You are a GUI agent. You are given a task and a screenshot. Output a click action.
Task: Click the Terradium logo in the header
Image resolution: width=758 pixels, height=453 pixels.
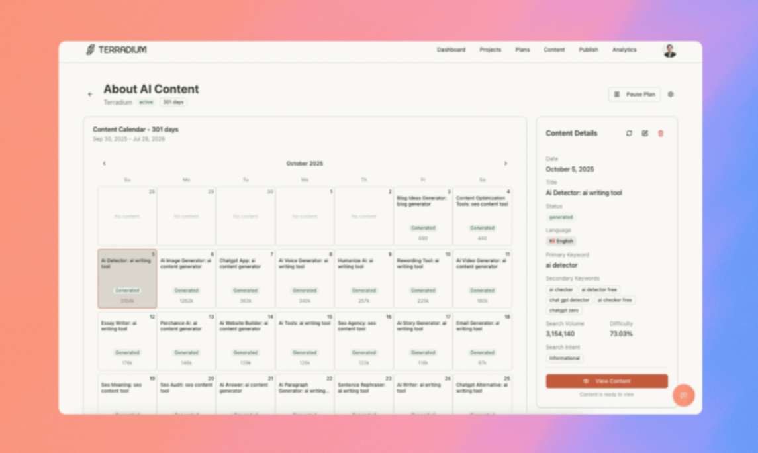(x=117, y=50)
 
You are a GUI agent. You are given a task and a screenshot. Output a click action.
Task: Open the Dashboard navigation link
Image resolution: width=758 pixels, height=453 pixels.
(x=451, y=50)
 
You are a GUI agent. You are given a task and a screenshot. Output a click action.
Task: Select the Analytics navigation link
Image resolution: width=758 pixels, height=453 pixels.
(x=624, y=50)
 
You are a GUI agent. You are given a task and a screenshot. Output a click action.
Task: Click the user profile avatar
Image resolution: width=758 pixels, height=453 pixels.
(x=669, y=50)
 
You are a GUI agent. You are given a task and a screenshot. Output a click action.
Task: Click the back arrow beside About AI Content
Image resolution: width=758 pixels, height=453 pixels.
(x=91, y=94)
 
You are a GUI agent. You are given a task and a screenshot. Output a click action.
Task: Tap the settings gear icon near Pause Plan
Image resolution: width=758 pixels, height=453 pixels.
(x=671, y=94)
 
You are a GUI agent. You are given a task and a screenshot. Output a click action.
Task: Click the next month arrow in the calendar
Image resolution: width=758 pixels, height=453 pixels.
(x=506, y=164)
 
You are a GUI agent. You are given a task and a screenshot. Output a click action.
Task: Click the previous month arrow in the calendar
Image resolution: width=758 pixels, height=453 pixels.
(x=104, y=164)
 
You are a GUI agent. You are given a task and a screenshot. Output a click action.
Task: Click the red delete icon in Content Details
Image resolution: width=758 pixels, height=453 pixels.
(x=660, y=134)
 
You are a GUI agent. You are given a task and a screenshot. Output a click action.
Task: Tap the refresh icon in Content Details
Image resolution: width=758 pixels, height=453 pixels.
(x=629, y=134)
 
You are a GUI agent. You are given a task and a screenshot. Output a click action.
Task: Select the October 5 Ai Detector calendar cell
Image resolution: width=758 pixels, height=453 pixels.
(x=127, y=278)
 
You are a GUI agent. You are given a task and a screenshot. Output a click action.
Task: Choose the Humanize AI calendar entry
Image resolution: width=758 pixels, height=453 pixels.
(x=363, y=278)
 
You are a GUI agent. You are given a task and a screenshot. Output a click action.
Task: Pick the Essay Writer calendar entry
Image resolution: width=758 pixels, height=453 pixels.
(x=127, y=340)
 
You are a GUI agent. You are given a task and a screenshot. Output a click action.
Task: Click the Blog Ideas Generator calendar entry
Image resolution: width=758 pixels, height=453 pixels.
(x=423, y=216)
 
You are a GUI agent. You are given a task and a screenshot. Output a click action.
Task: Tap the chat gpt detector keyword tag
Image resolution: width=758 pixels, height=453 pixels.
(x=569, y=300)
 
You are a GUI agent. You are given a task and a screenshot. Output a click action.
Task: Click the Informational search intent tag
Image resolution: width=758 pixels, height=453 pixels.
(x=564, y=358)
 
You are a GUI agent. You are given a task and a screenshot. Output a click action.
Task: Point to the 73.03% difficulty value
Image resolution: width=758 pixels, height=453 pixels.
(x=621, y=334)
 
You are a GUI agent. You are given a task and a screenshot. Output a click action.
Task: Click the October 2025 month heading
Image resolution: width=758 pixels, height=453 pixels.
(x=305, y=164)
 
